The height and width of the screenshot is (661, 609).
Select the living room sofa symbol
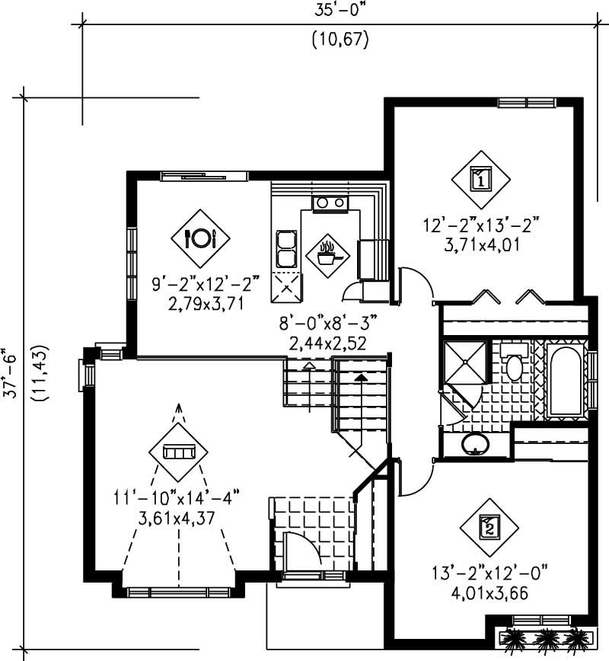[x=179, y=452]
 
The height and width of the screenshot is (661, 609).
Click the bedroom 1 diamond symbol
[x=481, y=179]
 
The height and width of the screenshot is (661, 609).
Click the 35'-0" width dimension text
[x=340, y=11]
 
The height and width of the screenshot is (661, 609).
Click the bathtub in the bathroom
[x=566, y=381]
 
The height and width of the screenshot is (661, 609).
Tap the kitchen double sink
[x=285, y=247]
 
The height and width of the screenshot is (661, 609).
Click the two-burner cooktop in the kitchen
[x=329, y=203]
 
